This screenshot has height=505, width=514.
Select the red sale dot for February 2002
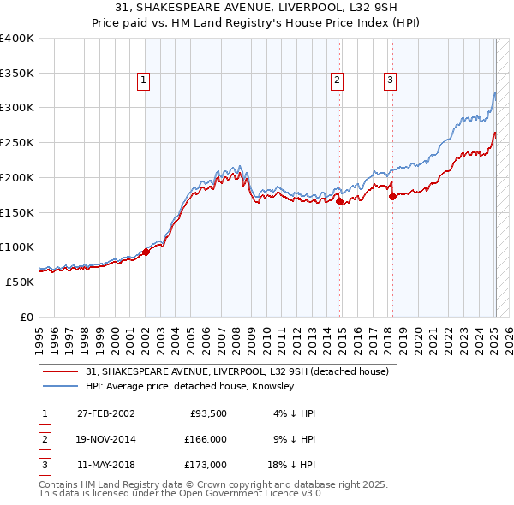coord(146,251)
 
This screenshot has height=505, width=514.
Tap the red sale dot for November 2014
coord(340,201)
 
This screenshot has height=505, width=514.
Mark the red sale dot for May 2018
coord(392,196)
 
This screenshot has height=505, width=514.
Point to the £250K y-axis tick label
coord(17,142)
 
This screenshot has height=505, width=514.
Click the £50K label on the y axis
coord(21,282)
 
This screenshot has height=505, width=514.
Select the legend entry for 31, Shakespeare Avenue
coord(237,371)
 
